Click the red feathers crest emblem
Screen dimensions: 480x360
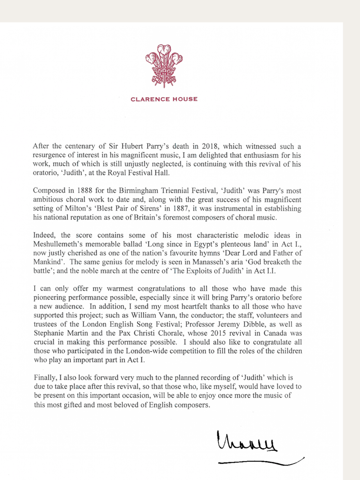(x=164, y=65)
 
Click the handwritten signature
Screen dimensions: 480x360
(x=246, y=442)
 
